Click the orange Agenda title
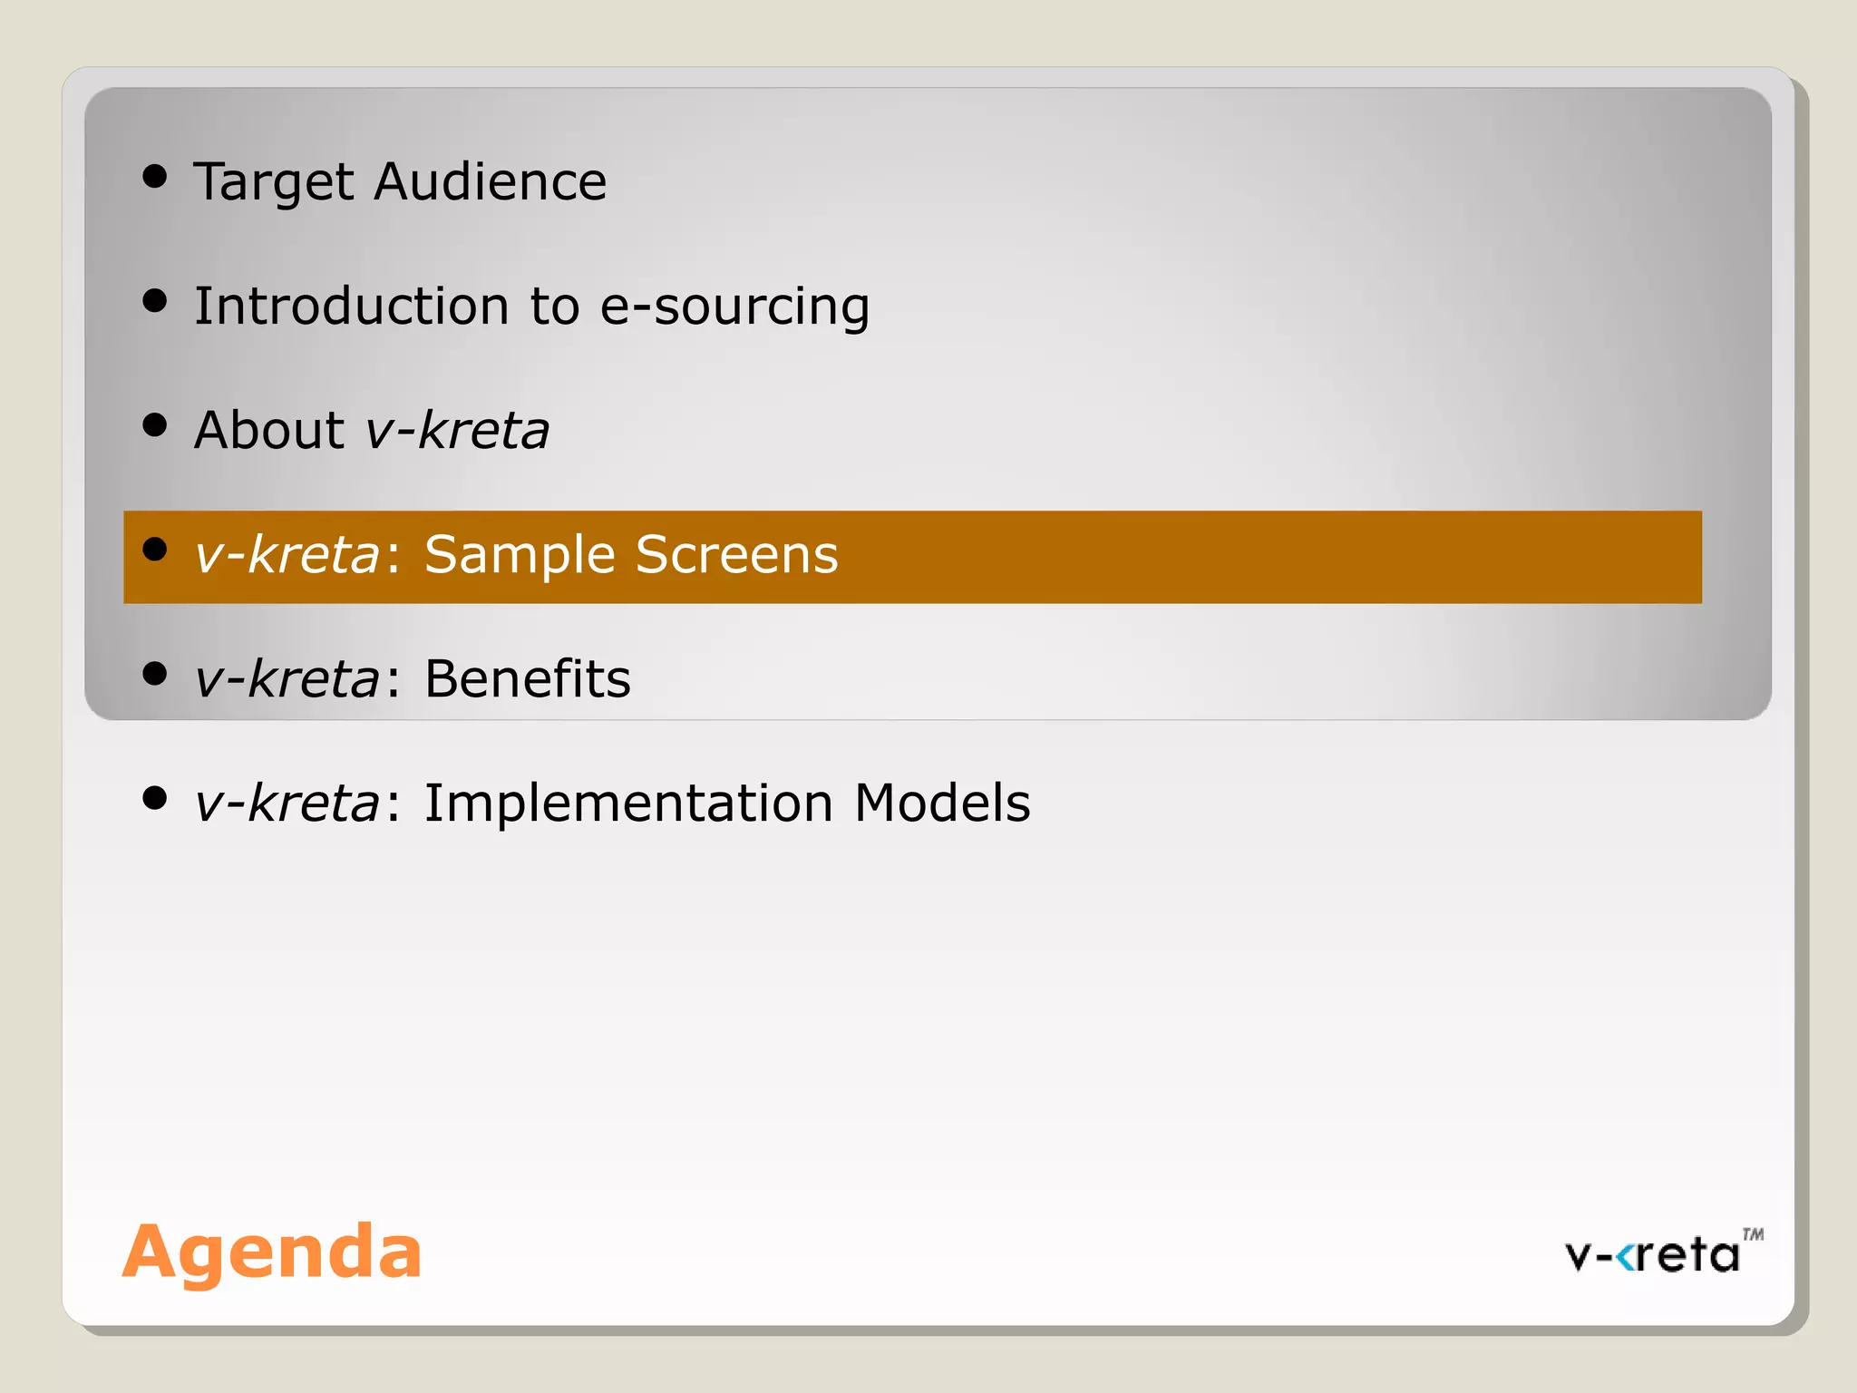pos(272,1252)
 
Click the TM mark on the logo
pos(1753,1234)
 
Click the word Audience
pos(491,181)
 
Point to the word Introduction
pos(351,306)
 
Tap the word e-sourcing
pos(734,307)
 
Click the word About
pos(269,430)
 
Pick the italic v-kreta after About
pos(457,430)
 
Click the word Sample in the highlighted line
pos(519,556)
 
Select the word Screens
pos(736,554)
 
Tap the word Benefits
pos(527,678)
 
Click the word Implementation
pos(628,804)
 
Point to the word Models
pos(942,803)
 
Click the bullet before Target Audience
pos(155,176)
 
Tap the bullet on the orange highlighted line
pos(155,549)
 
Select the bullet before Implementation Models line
pos(155,798)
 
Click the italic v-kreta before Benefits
pos(287,678)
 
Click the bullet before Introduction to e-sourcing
pos(155,300)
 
